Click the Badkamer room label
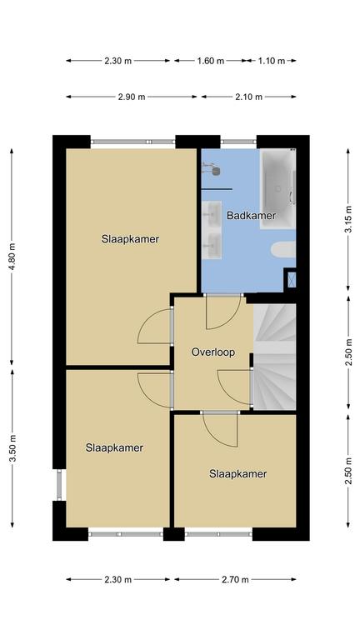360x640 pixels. (252, 216)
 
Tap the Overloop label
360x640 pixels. (213, 352)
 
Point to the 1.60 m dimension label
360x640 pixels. (211, 61)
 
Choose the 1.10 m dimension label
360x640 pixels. (272, 61)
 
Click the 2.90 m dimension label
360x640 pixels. (132, 97)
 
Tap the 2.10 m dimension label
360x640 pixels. (248, 97)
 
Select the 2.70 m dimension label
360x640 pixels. (235, 580)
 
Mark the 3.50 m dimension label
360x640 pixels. (12, 448)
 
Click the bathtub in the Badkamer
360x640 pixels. (278, 188)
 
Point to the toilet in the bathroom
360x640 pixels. (283, 249)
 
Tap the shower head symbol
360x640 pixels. (212, 168)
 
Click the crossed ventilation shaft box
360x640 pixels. (292, 280)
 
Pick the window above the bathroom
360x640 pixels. (239, 142)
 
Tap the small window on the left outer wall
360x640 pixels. (60, 485)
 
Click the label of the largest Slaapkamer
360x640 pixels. (130, 239)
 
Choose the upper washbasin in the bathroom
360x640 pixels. (212, 213)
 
